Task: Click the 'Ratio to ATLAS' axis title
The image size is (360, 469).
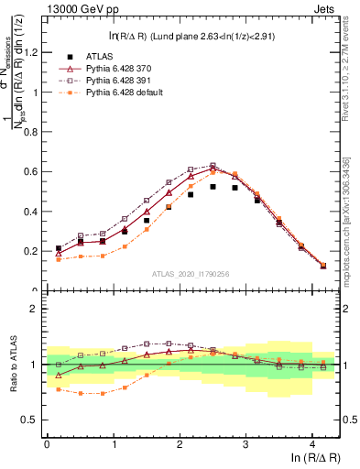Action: (x=12, y=365)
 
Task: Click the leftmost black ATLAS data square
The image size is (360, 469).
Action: (x=59, y=248)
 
